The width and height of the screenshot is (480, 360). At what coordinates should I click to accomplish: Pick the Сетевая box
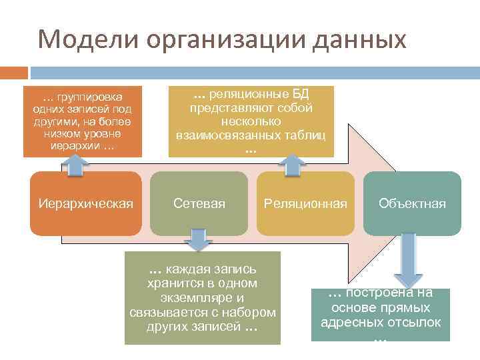click(x=199, y=203)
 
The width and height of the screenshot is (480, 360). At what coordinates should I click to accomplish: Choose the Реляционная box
click(x=305, y=203)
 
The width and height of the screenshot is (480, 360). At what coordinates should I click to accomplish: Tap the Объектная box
click(x=412, y=203)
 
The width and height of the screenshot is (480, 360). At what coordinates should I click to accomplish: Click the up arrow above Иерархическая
click(x=77, y=164)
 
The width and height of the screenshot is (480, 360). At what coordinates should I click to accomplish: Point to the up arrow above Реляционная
click(x=291, y=165)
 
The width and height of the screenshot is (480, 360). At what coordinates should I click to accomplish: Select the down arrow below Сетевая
click(x=197, y=240)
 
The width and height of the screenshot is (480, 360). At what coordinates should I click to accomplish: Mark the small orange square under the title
click(x=14, y=72)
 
